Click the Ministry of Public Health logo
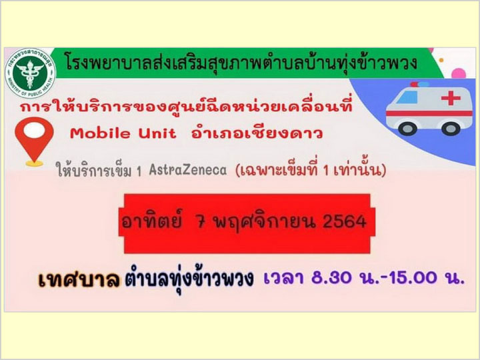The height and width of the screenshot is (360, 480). click(30, 73)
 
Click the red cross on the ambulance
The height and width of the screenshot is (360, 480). click(451, 98)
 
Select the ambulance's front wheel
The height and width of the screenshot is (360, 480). click(407, 129)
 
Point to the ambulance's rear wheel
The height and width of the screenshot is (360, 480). click(451, 129)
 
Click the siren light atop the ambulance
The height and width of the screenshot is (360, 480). click(419, 84)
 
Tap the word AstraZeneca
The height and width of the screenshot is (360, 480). click(187, 170)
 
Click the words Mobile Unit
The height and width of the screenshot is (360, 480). click(123, 133)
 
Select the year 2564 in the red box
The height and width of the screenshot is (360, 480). click(345, 221)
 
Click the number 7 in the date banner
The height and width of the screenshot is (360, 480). click(201, 221)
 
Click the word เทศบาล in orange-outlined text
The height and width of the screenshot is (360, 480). click(79, 279)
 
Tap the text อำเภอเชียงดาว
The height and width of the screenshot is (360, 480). click(257, 133)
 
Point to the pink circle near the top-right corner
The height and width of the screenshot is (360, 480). click(459, 74)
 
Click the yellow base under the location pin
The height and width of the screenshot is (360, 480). click(34, 163)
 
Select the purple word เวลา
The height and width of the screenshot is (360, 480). click(283, 278)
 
